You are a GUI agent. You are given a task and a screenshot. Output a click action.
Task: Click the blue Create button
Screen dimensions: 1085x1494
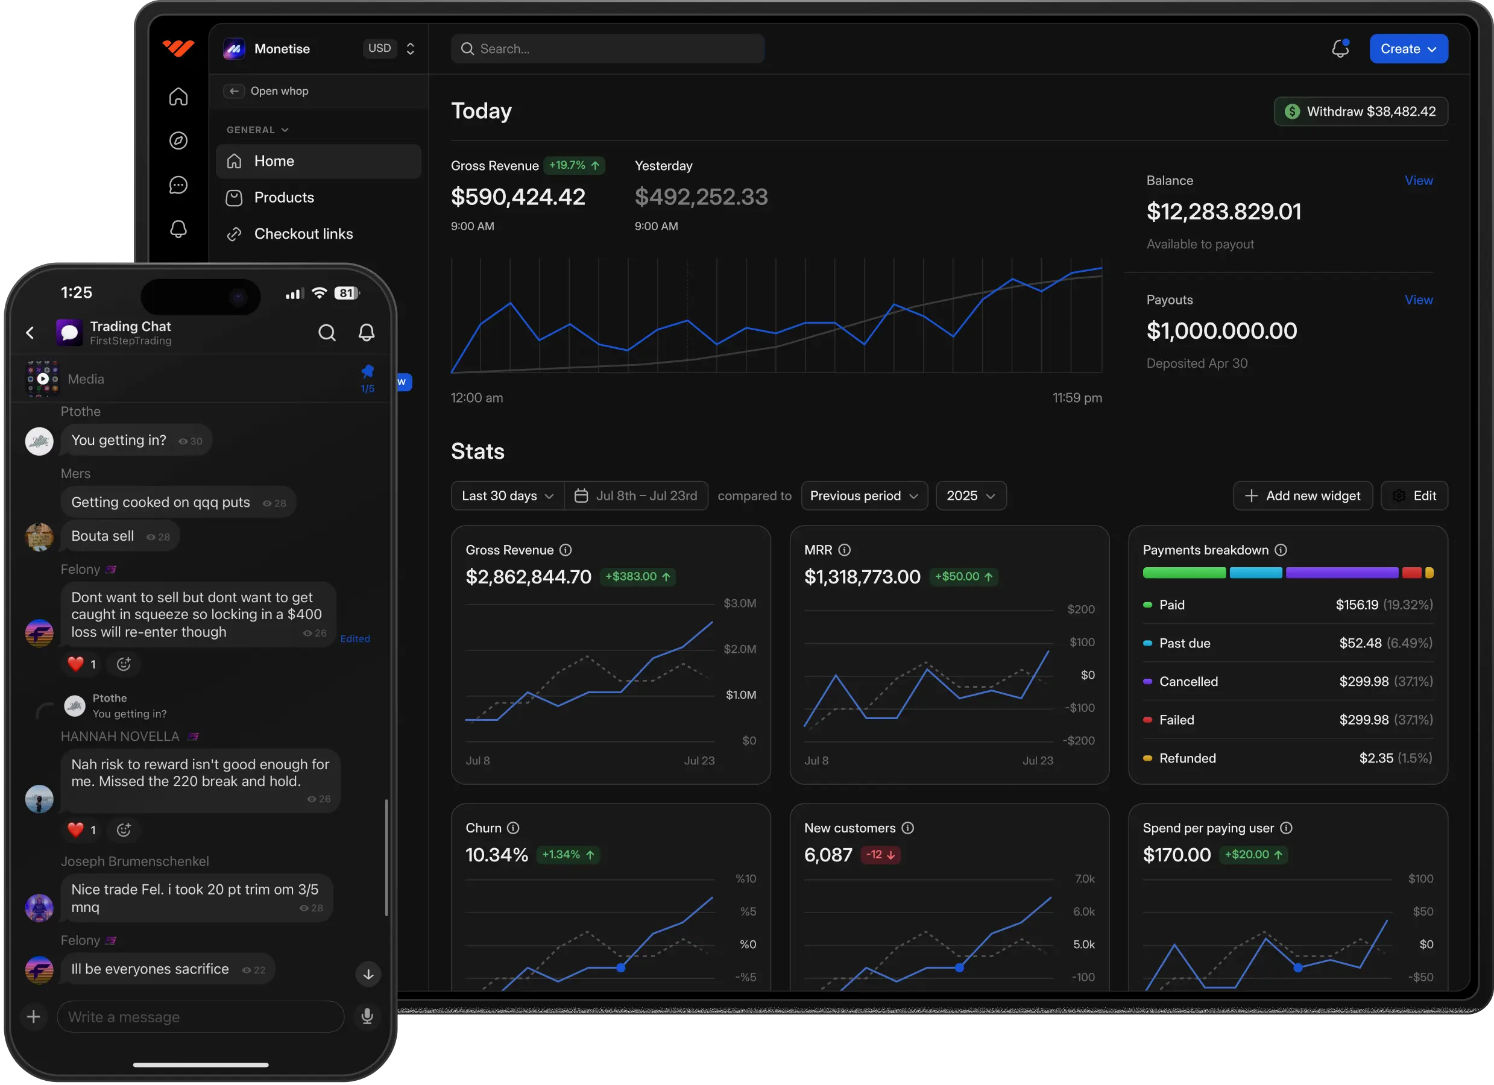pos(1408,49)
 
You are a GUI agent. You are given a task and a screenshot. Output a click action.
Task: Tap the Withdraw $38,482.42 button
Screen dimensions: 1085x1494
pos(1360,112)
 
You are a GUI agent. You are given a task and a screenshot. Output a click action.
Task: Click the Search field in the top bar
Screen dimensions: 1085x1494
pos(607,49)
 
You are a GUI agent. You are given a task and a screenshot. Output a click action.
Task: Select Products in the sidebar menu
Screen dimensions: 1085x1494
pos(284,198)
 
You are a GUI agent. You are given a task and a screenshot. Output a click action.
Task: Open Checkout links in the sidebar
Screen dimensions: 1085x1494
pos(303,234)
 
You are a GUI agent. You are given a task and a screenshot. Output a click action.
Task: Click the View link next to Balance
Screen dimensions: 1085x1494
pos(1418,180)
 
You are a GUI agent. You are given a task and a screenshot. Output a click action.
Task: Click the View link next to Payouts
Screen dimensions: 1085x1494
pos(1418,300)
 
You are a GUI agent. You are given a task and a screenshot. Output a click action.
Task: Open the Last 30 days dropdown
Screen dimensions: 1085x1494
pos(507,496)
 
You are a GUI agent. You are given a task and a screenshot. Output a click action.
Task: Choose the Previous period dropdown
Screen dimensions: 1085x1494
pos(863,496)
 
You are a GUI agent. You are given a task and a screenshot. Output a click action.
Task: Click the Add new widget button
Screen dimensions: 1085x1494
pos(1302,496)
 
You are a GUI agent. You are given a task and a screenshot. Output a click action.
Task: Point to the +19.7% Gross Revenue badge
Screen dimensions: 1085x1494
pos(575,165)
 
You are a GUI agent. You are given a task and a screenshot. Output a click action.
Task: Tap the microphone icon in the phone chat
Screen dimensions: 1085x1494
pos(368,1016)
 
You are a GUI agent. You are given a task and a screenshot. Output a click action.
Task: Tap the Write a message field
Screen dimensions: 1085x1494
pos(200,1017)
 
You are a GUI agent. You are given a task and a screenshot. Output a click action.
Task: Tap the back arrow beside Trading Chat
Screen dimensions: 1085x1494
pos(30,333)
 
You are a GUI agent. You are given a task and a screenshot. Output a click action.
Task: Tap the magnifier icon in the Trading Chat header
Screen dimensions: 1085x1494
pos(327,333)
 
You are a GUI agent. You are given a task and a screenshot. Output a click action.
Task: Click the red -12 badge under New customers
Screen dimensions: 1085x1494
pos(880,854)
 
